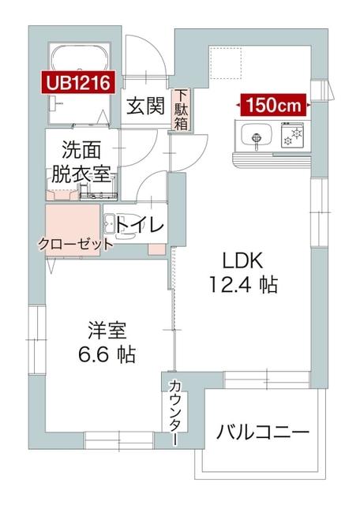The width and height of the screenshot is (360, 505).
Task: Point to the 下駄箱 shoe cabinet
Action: tap(182, 110)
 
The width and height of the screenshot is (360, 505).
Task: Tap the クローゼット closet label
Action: tap(75, 245)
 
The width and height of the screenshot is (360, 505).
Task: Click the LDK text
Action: tap(242, 261)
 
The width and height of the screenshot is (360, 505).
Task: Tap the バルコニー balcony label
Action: tap(262, 432)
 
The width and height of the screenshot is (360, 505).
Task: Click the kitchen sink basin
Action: tap(254, 137)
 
